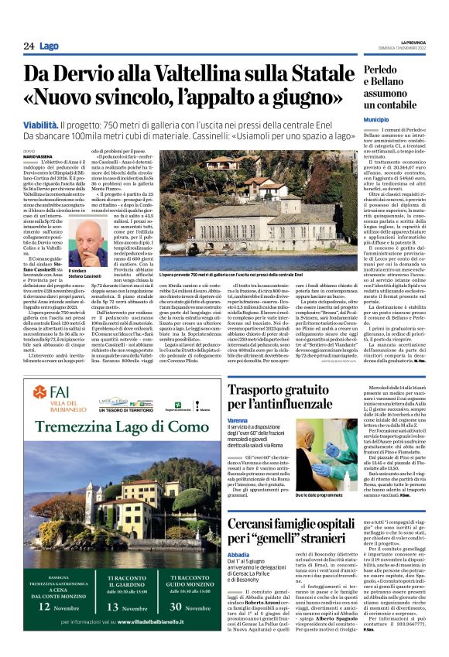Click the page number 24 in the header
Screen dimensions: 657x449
tap(28, 46)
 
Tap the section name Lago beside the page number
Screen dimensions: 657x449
tap(48, 46)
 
